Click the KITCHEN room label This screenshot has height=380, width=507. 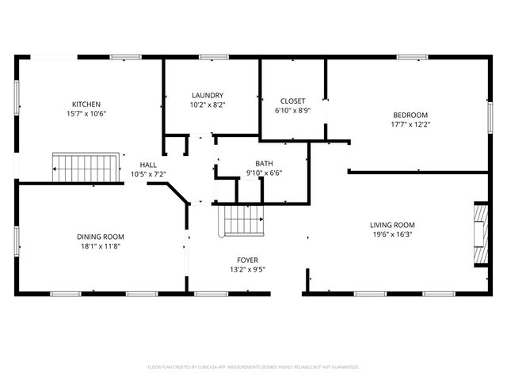pyautogui.click(x=86, y=104)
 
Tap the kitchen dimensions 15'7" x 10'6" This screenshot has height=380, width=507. pyautogui.click(x=86, y=113)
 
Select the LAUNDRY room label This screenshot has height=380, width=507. pyautogui.click(x=207, y=95)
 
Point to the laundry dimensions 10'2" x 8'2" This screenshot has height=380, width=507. pyautogui.click(x=207, y=104)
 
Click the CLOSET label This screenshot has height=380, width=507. pyautogui.click(x=293, y=101)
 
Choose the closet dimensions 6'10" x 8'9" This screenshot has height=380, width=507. pyautogui.click(x=293, y=110)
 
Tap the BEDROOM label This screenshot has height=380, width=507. pyautogui.click(x=410, y=115)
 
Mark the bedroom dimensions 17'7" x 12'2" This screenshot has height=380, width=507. pyautogui.click(x=410, y=124)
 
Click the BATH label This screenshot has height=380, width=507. pyautogui.click(x=264, y=163)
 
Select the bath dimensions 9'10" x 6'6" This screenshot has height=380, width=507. pyautogui.click(x=264, y=173)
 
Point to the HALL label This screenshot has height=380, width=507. pyautogui.click(x=148, y=164)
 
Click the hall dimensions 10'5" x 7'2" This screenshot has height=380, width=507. pyautogui.click(x=148, y=173)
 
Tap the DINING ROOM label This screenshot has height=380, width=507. pyautogui.click(x=100, y=237)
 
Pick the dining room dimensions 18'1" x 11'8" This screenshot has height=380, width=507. pyautogui.click(x=100, y=246)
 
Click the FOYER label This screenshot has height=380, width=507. pyautogui.click(x=247, y=260)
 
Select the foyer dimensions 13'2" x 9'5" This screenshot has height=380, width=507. pyautogui.click(x=247, y=269)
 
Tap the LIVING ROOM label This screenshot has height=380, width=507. pyautogui.click(x=392, y=225)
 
